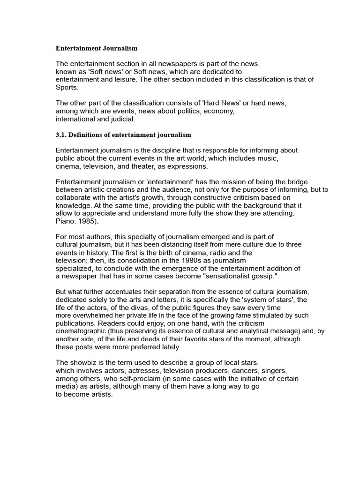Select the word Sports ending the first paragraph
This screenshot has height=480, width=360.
click(x=67, y=88)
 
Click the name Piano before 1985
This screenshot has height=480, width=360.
click(x=65, y=221)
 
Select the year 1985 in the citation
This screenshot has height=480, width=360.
click(x=87, y=221)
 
